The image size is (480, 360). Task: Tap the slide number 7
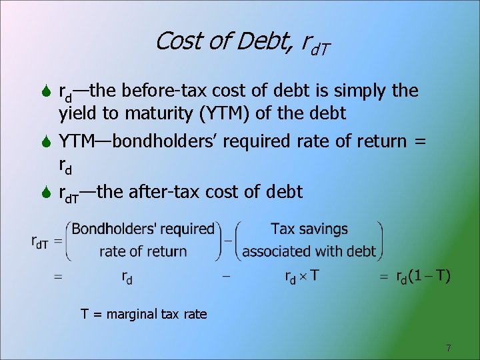coord(449,348)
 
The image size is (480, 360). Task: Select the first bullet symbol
coord(45,91)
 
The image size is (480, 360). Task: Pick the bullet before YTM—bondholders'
coord(45,142)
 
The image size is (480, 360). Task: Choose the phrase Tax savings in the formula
coord(309,229)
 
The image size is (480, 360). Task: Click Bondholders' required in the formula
coord(143,229)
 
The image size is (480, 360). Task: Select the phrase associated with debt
coord(309,251)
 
